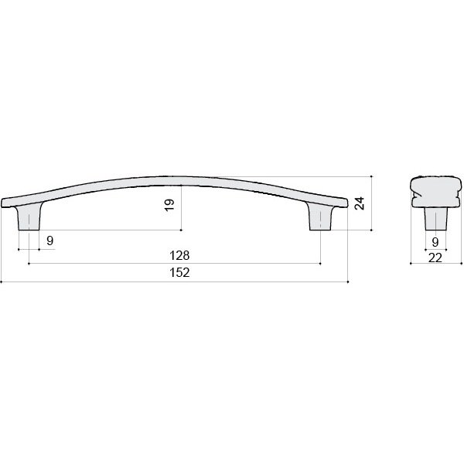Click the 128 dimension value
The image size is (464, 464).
(x=179, y=255)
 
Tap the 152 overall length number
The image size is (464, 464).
(x=179, y=272)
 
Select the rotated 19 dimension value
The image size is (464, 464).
(x=169, y=205)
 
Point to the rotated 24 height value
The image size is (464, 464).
(x=360, y=203)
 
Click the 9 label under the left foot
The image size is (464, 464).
(x=50, y=241)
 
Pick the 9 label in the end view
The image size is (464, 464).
(x=435, y=242)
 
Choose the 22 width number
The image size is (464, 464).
(x=435, y=258)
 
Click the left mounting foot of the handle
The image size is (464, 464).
(x=29, y=217)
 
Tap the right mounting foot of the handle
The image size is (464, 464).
(x=320, y=217)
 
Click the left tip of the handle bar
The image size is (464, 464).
(x=2, y=203)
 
